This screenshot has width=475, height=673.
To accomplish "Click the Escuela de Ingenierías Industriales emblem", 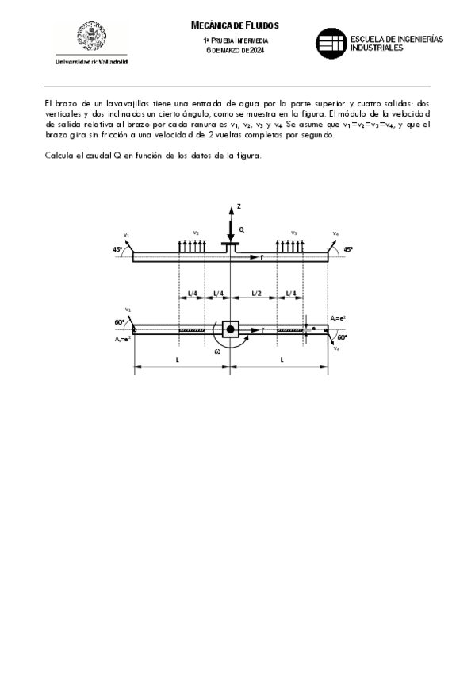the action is [330, 44].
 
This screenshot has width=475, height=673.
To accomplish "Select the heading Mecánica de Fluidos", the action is [236, 25].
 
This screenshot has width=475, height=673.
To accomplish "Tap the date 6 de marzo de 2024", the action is [236, 51].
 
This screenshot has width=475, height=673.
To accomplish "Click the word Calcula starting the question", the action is [58, 155].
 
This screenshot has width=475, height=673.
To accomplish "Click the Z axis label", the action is [238, 206].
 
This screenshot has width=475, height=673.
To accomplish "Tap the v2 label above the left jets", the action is [196, 233].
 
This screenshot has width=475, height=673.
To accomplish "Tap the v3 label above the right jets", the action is [293, 233].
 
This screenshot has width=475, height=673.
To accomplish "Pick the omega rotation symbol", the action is [218, 352].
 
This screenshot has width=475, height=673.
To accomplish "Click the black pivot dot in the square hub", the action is [230, 329].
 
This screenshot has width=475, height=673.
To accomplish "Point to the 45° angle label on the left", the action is [117, 249].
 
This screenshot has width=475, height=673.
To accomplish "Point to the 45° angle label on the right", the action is [347, 249].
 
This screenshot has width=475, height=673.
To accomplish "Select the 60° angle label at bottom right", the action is [343, 337].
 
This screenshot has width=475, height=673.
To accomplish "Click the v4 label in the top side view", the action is [336, 233].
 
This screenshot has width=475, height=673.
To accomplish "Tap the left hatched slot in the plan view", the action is [192, 330].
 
